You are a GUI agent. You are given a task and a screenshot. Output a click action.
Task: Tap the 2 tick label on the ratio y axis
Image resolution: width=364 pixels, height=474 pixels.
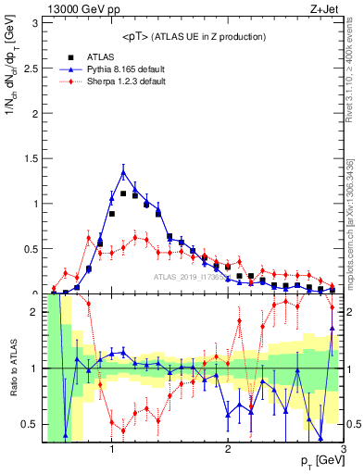coord(34,312)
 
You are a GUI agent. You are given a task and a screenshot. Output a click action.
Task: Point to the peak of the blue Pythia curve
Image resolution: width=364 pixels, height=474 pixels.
coord(123,170)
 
